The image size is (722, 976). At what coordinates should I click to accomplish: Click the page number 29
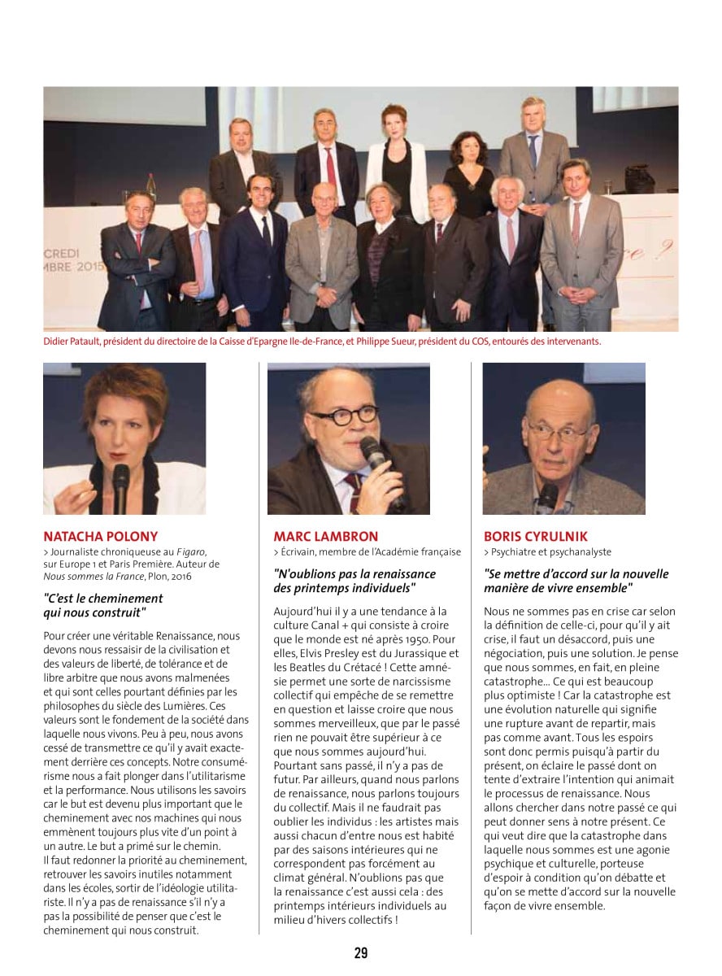tap(361, 952)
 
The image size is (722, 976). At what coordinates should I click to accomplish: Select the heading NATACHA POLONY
tap(100, 537)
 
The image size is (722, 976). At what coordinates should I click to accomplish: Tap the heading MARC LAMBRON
tap(325, 537)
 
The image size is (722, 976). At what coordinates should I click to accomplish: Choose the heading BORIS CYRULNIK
tap(535, 537)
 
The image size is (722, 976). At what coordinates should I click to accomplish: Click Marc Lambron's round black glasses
tap(344, 416)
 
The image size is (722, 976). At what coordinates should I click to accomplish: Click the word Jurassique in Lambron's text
tap(410, 653)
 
